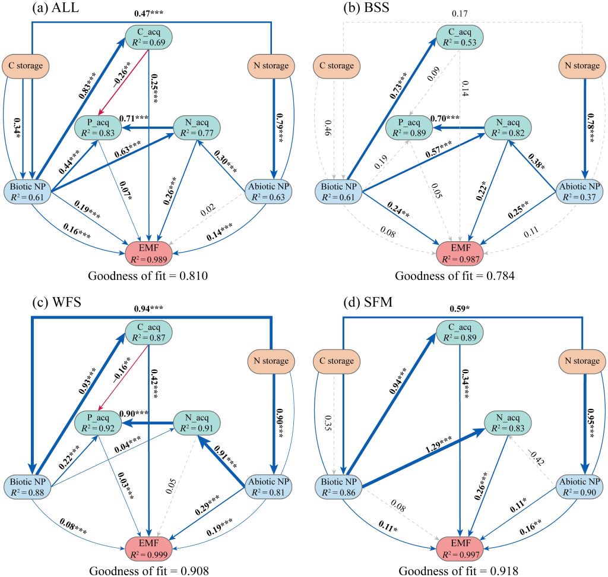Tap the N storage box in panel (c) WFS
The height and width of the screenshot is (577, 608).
[x=271, y=360]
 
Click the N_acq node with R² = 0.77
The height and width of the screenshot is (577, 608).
[x=197, y=128]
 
